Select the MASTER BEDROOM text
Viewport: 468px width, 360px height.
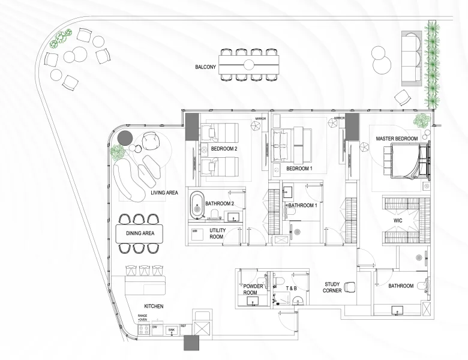397,139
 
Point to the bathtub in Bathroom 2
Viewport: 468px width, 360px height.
197,204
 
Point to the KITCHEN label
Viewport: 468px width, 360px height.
154,307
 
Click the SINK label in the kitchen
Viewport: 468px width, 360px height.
171,330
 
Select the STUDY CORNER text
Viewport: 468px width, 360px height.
332,288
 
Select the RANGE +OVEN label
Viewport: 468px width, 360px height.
143,317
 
